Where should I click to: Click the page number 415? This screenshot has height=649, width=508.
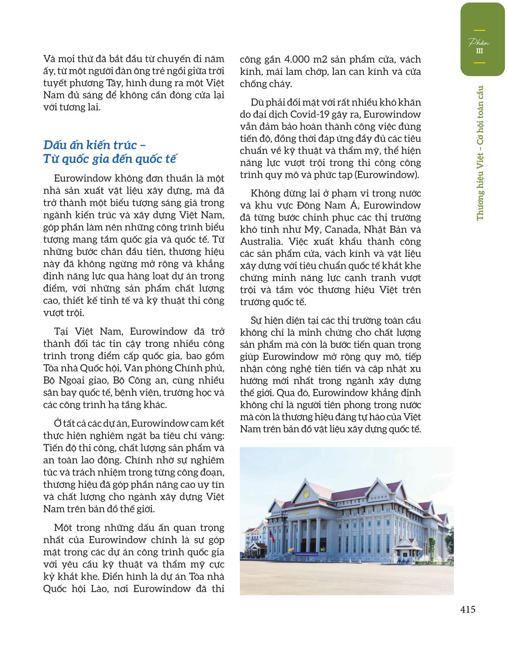tap(468, 609)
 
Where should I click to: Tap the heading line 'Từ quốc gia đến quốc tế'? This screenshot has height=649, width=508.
tap(110, 159)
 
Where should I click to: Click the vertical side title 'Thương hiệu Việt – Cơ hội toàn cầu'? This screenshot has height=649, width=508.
tap(480, 153)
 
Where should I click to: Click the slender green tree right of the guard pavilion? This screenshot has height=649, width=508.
tap(432, 542)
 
